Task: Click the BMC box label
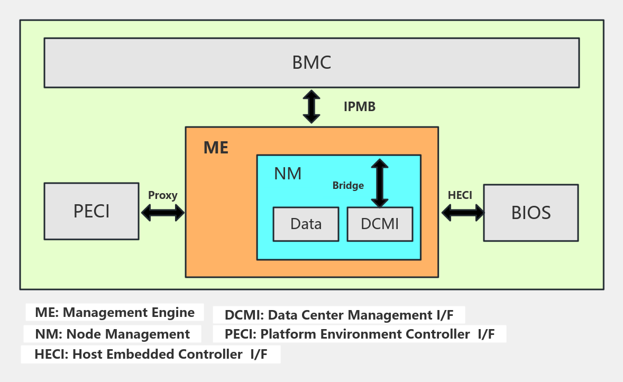tap(312, 62)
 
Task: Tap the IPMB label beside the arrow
tap(360, 107)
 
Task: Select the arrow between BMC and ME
tap(312, 107)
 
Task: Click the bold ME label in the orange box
tap(216, 148)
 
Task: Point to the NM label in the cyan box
tap(288, 174)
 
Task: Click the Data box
tap(306, 224)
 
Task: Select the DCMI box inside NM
tap(379, 224)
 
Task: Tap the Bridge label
tap(348, 186)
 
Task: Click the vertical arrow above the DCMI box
tap(379, 183)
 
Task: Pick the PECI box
tap(91, 211)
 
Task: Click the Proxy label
tap(162, 195)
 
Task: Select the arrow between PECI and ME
tap(162, 213)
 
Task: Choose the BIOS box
tap(531, 213)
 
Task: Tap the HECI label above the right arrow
tap(460, 195)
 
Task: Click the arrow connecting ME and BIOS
tap(463, 213)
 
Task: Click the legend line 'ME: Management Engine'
tap(115, 313)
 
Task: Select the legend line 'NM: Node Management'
tap(113, 334)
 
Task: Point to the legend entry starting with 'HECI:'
tap(151, 354)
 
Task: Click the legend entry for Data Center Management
tap(339, 315)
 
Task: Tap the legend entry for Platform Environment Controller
tap(359, 334)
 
